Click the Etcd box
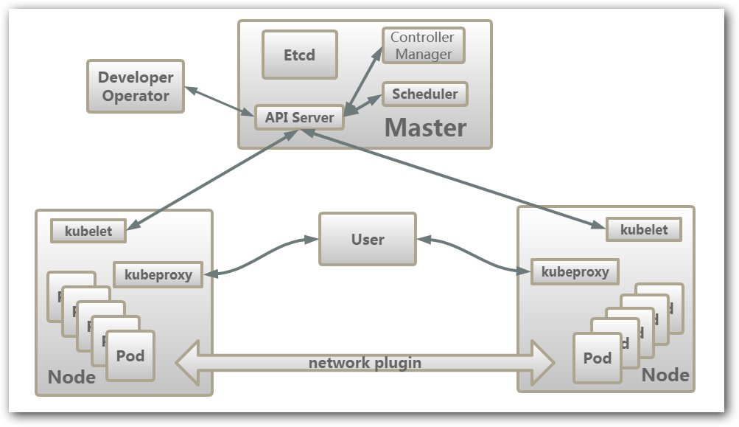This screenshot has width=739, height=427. [299, 55]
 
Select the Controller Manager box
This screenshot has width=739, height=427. [422, 46]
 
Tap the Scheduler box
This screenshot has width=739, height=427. [424, 94]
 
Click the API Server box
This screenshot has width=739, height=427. [299, 117]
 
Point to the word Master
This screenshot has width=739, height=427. [425, 128]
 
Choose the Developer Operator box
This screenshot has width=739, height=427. [136, 86]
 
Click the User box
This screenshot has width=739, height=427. [367, 239]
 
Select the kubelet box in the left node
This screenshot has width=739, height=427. [88, 231]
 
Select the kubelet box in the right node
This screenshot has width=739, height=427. [643, 229]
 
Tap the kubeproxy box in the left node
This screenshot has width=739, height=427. [158, 275]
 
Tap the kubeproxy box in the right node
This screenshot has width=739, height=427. [575, 271]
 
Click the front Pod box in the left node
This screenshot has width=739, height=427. [130, 356]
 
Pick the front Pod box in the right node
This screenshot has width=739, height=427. [598, 358]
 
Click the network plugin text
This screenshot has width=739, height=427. [365, 362]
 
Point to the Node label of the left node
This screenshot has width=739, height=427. [71, 377]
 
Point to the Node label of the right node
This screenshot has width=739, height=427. [665, 375]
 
